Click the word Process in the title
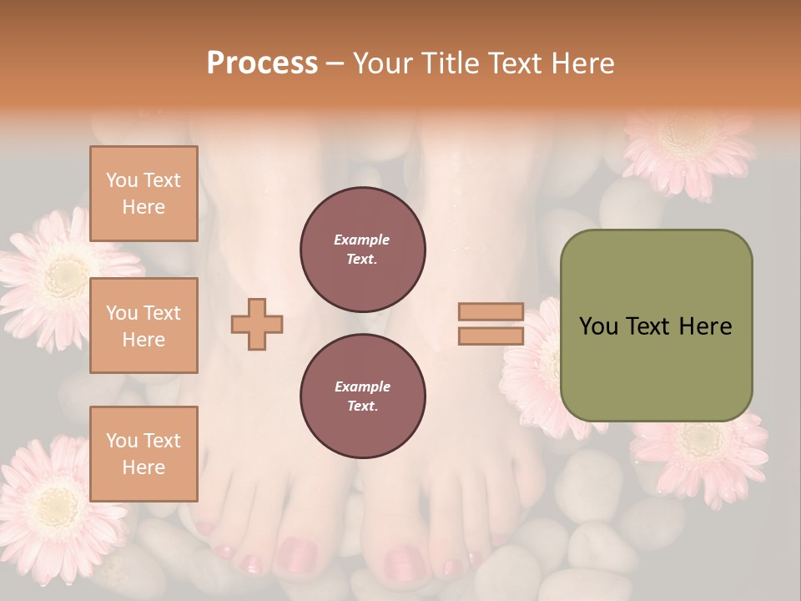pyautogui.click(x=262, y=63)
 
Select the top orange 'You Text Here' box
pyautogui.click(x=144, y=194)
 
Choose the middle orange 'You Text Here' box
pyautogui.click(x=144, y=326)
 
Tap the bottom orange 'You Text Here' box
pyautogui.click(x=144, y=454)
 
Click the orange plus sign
pyautogui.click(x=257, y=324)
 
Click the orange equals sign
pyautogui.click(x=491, y=324)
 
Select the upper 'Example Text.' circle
pyautogui.click(x=362, y=250)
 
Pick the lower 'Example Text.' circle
pyautogui.click(x=362, y=396)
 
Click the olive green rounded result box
pyautogui.click(x=656, y=326)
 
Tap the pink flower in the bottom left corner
pyautogui.click(x=55, y=501)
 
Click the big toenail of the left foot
pyautogui.click(x=297, y=554)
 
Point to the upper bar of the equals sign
pyautogui.click(x=491, y=311)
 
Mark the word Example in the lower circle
pyautogui.click(x=362, y=386)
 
